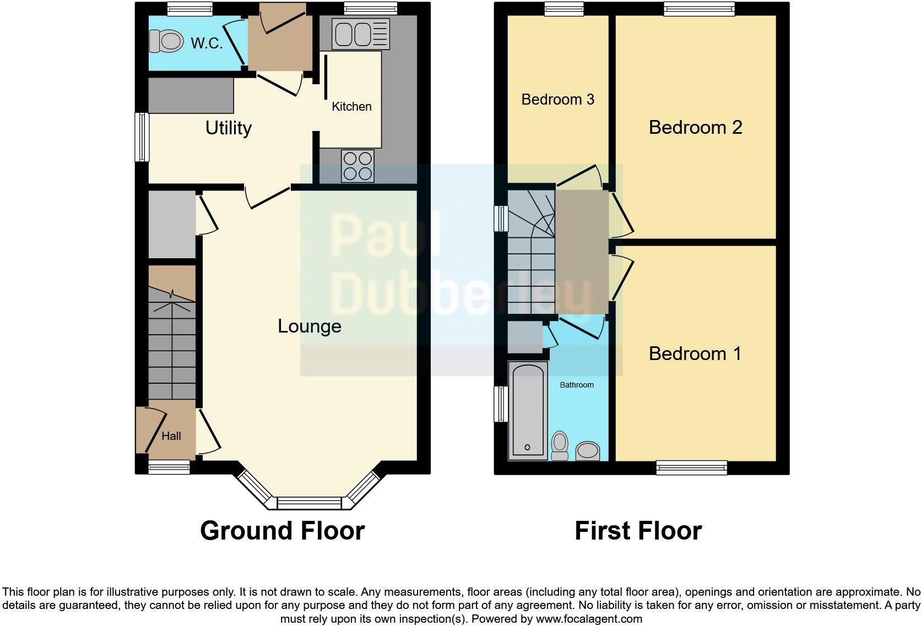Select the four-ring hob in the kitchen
[x=357, y=166]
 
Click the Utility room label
[x=228, y=128]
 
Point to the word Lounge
[x=309, y=326]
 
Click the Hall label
[x=171, y=436]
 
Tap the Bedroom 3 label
[x=557, y=99]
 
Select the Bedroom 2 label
[x=695, y=127]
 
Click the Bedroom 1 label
[x=695, y=353]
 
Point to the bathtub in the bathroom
[x=528, y=410]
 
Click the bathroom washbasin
[x=588, y=451]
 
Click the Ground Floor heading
[x=282, y=531]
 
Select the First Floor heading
[x=638, y=531]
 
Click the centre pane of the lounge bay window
[x=309, y=503]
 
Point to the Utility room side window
[x=142, y=137]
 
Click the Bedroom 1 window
[x=691, y=469]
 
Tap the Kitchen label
[x=351, y=106]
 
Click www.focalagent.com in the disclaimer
[x=589, y=619]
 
